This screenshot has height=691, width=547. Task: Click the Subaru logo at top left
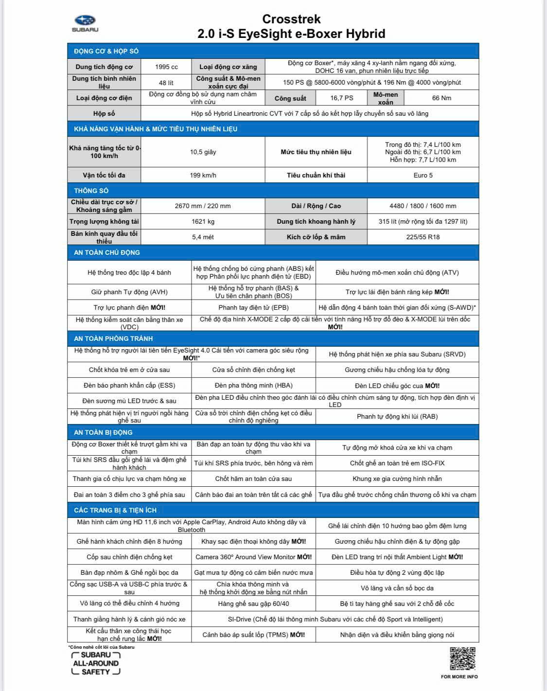click(85, 22)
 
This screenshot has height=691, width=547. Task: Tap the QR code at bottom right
click(462, 658)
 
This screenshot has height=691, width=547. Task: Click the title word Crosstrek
click(291, 19)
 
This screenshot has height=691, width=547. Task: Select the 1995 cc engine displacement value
click(166, 67)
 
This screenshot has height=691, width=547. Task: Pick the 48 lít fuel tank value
click(166, 83)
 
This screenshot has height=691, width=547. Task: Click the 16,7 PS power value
click(341, 98)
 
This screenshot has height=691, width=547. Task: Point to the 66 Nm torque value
click(441, 98)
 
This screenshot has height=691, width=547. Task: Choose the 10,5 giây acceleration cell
click(203, 152)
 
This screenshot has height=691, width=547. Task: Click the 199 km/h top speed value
click(203, 175)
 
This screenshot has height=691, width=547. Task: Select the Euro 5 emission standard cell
click(423, 175)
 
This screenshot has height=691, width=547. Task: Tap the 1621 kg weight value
click(203, 221)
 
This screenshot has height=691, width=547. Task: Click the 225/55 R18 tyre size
click(423, 237)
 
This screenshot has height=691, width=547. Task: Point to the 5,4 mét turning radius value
click(203, 237)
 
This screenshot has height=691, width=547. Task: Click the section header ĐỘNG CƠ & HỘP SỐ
click(106, 51)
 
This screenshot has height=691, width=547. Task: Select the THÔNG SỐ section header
click(91, 191)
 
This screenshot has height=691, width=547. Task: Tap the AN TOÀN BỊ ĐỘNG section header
click(103, 432)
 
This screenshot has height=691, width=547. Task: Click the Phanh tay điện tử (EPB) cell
click(253, 307)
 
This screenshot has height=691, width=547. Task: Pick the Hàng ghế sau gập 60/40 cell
click(253, 603)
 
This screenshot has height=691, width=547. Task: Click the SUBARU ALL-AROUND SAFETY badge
click(95, 663)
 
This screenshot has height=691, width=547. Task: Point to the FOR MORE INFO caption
click(459, 676)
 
